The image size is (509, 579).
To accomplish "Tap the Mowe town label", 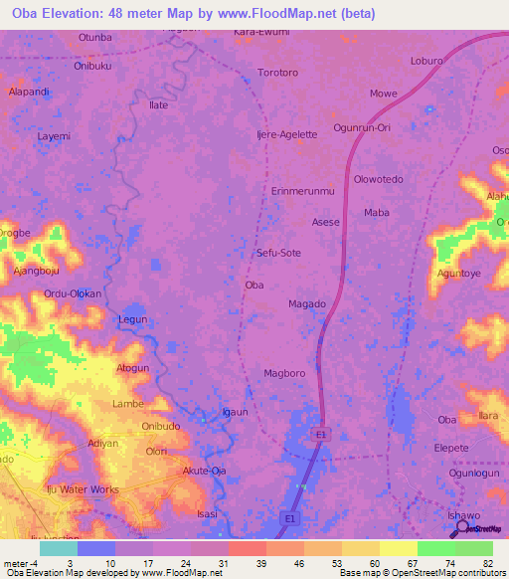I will pos(384,94).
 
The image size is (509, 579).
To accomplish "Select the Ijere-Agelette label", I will pos(286,134).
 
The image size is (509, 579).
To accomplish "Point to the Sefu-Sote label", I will pos(278,253).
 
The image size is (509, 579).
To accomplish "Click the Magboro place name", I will pos(283,374).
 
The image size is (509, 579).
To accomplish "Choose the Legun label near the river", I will pos(132,319).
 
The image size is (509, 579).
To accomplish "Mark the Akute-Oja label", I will pos(205,471).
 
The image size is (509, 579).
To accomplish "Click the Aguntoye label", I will pos(458,273).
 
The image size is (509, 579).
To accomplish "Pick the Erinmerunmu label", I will pos(303,190).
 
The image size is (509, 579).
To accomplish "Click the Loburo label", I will pos(426,60).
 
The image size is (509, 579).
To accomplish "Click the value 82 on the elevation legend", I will pos(486,562).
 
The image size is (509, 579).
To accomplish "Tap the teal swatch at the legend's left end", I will pos(58,548).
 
